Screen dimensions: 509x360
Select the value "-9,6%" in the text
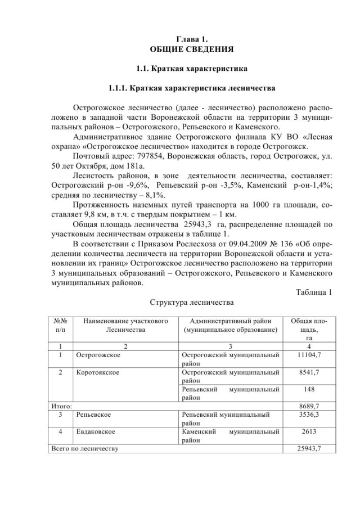[134, 185]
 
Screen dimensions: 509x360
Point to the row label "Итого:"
[58, 405]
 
